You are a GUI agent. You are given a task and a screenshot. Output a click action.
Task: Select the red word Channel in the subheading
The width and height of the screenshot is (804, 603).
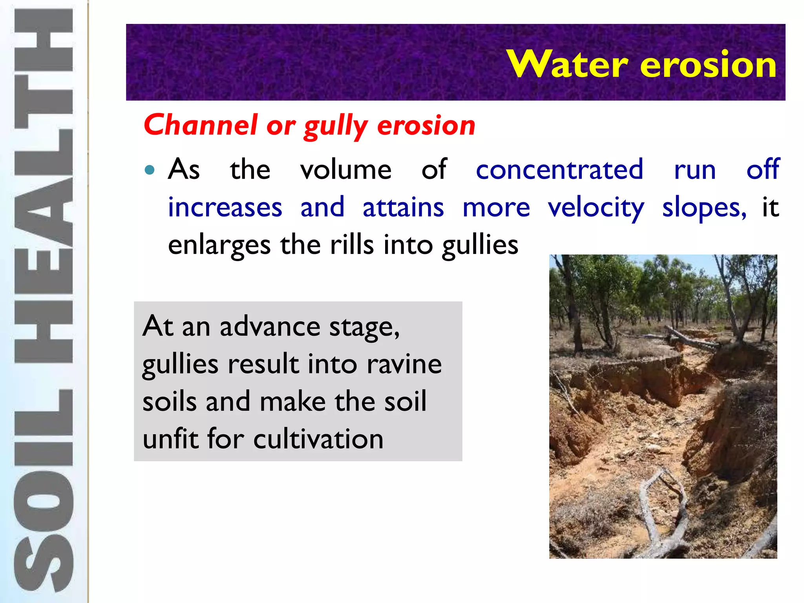(x=201, y=125)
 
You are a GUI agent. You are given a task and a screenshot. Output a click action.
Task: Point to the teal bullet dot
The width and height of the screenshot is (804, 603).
(x=150, y=170)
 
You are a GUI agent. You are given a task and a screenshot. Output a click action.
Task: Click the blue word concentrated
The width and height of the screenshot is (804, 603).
(x=559, y=170)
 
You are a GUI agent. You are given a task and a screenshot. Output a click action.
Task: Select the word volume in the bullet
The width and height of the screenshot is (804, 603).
(x=345, y=170)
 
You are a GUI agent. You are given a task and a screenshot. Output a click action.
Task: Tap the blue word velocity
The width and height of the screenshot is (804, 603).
(x=596, y=208)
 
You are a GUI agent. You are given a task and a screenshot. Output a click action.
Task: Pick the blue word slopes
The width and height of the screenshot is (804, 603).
(x=703, y=208)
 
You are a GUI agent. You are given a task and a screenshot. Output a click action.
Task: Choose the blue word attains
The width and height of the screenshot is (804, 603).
(x=403, y=208)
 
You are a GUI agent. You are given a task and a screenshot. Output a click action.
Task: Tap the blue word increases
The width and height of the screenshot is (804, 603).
(x=225, y=208)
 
